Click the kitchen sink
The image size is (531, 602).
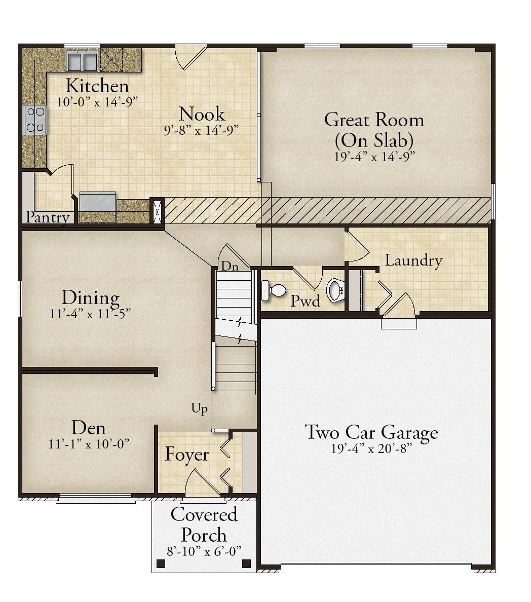pos(82,61)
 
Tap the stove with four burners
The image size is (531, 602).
pos(35,120)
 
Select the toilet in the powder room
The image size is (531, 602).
pos(274,290)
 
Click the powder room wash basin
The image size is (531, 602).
pos(335,290)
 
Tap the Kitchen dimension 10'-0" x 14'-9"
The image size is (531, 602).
pos(97,102)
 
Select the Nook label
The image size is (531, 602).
pos(202,114)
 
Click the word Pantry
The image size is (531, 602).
pos(48,217)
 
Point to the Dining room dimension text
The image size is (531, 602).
pos(90,314)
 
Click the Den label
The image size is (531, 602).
pos(88,428)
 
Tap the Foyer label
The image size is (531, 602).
pos(187,455)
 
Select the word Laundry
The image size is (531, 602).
pos(413,260)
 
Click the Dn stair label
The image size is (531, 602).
pos(230,266)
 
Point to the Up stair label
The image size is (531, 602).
pos(200,408)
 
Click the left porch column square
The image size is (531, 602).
pos(161,563)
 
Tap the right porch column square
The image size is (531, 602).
pos(246,563)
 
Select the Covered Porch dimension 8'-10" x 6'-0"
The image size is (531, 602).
pos(204,552)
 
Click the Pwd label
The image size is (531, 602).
pos(305,301)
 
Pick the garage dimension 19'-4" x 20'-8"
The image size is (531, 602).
pos(371,448)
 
